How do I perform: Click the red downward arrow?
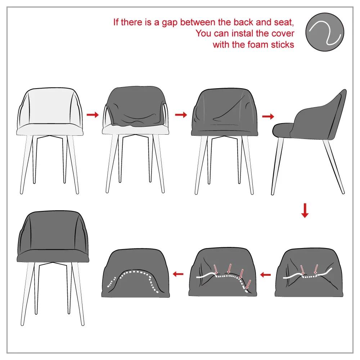pos(305,211)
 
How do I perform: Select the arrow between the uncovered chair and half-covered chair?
pos(93,115)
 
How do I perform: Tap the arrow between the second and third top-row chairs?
pos(181,115)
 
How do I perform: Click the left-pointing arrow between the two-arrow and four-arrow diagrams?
pos(265,275)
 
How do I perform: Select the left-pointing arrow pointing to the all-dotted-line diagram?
pos(178,274)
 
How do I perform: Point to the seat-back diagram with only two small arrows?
pos(310,272)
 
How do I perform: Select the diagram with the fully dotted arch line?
pos(135,272)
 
